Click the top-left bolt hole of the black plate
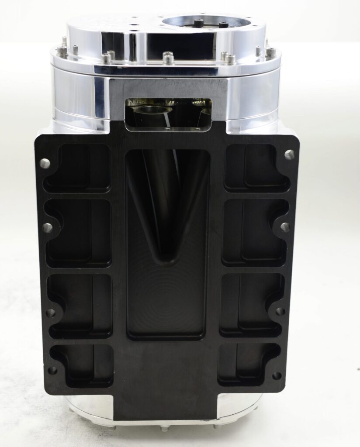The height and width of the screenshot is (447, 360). (45, 163)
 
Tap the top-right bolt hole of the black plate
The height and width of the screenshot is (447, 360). (289, 154)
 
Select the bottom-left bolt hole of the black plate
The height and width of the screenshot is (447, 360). (52, 370)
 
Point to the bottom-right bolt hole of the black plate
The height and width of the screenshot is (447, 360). (277, 375)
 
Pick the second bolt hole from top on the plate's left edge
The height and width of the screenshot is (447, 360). (47, 227)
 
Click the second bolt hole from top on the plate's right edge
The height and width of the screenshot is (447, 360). (285, 227)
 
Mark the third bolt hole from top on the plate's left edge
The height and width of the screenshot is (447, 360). (51, 313)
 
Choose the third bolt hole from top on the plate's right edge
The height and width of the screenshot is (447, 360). (280, 312)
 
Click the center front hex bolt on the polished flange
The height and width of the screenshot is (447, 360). (168, 58)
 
